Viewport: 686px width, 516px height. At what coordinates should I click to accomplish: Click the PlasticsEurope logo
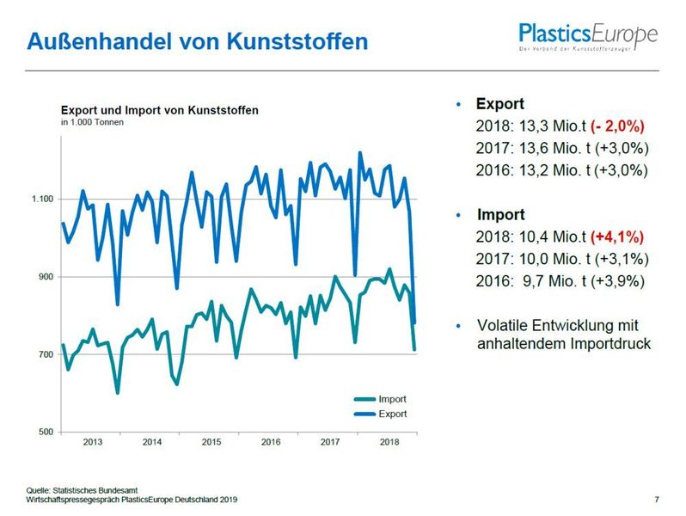[x=587, y=38]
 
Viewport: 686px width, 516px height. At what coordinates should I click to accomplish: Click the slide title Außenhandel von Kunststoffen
[x=197, y=40]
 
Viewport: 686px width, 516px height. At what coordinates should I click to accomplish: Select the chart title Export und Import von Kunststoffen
[x=159, y=110]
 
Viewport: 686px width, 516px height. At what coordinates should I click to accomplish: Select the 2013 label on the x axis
[x=93, y=443]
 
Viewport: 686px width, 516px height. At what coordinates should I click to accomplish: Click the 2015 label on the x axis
[x=211, y=443]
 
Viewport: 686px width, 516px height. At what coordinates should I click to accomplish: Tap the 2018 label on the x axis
[x=389, y=443]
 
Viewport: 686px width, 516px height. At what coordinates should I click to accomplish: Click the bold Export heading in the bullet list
[x=499, y=104]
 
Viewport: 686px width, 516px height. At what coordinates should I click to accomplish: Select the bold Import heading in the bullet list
[x=499, y=214]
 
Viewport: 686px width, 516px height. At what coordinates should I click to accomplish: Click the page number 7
[x=657, y=499]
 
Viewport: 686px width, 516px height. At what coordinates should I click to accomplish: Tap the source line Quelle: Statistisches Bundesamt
[x=84, y=489]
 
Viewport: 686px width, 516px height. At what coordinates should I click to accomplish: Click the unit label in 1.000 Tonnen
[x=92, y=123]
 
